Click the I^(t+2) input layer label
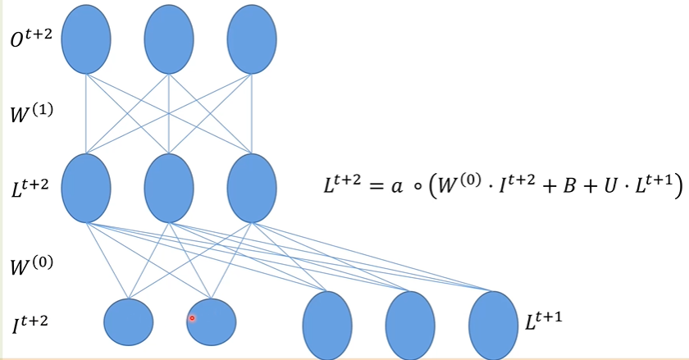pos(30,322)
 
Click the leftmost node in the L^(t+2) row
pos(86,187)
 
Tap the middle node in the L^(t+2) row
pos(169,187)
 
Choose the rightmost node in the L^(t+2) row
pos(252,187)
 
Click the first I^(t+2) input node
pos(129,321)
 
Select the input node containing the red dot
pos(211,321)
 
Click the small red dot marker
pos(192,318)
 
